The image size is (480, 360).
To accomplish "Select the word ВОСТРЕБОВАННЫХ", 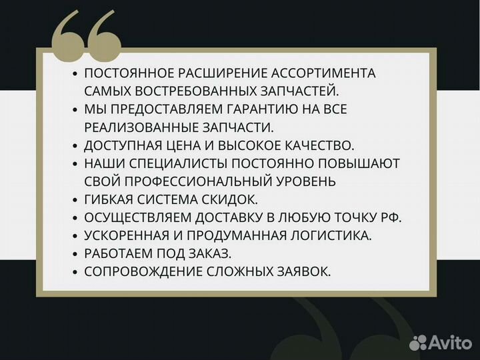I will pyautogui.click(x=190, y=91).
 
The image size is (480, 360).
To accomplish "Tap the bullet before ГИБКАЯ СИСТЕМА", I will pyautogui.click(x=75, y=200).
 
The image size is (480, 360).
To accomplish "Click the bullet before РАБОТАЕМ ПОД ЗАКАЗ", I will pyautogui.click(x=75, y=254).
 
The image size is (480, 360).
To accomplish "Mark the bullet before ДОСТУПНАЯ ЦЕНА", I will pyautogui.click(x=75, y=146).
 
